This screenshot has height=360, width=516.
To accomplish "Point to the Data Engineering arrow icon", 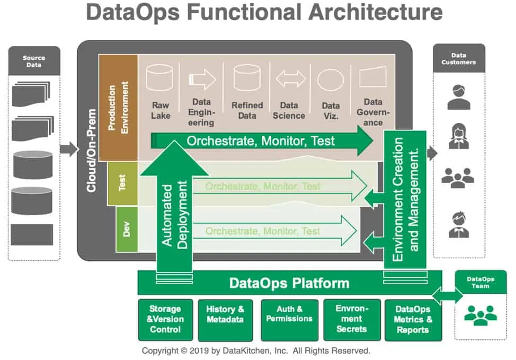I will (202, 80).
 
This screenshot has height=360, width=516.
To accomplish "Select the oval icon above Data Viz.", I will (331, 80).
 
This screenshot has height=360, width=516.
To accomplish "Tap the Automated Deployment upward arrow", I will (174, 212).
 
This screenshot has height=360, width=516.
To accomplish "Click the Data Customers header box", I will (459, 58).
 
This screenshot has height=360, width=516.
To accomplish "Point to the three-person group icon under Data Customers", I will (458, 179).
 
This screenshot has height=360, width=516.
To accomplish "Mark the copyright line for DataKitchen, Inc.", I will (256, 351).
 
